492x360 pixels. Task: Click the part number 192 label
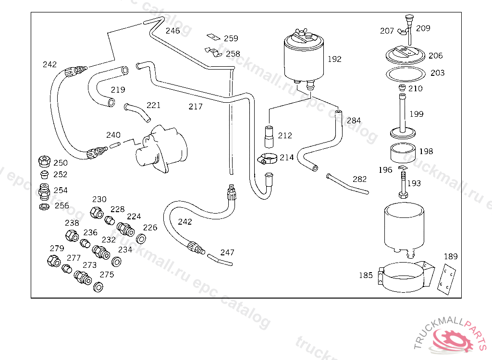pos(334,60)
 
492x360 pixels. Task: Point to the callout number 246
pos(172,31)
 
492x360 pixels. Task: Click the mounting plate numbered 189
pos(447,278)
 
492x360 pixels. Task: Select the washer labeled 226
pos(142,239)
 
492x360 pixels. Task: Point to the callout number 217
pos(196,107)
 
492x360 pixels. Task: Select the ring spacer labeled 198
pos(403,153)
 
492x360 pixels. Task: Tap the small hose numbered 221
pos(137,111)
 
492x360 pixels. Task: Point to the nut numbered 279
pos(53,261)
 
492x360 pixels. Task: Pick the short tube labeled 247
pos(221,261)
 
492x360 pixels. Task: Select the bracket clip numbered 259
pos(212,37)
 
